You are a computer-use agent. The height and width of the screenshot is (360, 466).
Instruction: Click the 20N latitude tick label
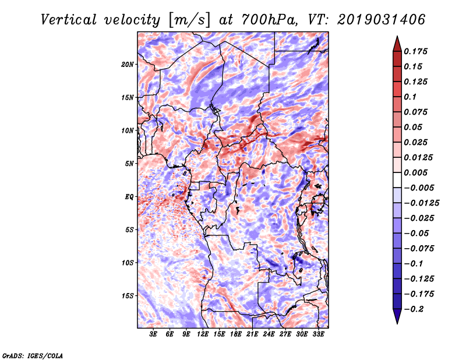[x=128, y=65]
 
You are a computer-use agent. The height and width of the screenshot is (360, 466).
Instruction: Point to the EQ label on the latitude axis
[x=129, y=197]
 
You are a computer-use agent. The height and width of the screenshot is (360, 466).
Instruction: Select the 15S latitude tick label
[x=128, y=296]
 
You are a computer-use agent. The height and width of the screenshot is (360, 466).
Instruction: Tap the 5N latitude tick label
[x=129, y=164]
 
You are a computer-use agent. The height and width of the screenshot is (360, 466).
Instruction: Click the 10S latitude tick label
[x=128, y=263]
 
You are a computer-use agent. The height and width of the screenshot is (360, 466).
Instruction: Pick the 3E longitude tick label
[x=153, y=334]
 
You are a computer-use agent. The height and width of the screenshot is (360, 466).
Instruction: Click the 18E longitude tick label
[x=236, y=334]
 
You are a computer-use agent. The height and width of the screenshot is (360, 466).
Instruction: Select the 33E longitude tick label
[x=318, y=334]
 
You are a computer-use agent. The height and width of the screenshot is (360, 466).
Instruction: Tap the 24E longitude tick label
[x=269, y=334]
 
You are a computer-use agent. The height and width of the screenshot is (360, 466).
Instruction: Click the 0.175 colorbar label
[x=415, y=51]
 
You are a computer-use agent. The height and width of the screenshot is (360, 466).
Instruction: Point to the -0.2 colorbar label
[x=414, y=309]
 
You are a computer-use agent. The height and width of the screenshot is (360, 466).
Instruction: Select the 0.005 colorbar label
[x=415, y=172]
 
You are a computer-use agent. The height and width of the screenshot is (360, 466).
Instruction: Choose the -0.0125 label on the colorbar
[x=421, y=203]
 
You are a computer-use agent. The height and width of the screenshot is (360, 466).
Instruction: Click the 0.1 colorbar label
[x=410, y=97]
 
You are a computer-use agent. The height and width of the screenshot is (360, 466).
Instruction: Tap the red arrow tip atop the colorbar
[x=397, y=37]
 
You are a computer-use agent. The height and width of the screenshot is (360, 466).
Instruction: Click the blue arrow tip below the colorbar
[x=397, y=323]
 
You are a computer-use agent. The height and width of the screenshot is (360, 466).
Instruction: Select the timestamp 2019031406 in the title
[x=382, y=20]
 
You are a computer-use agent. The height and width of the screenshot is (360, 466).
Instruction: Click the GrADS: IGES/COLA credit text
[x=33, y=355]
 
